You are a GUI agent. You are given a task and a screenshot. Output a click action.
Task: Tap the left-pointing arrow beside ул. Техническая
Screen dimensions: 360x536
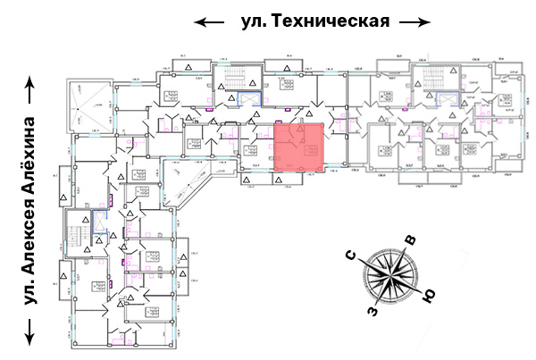pyautogui.click(x=211, y=21)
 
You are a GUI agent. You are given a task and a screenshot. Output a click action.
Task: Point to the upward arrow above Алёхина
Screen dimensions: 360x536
pyautogui.click(x=33, y=88)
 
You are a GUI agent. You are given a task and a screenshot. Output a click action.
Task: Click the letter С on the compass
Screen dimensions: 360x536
pyautogui.click(x=352, y=258)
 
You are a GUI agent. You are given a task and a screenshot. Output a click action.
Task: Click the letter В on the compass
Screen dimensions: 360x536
pyautogui.click(x=410, y=239)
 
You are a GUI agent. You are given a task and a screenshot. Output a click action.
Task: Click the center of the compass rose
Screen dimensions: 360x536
pyautogui.click(x=390, y=275)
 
